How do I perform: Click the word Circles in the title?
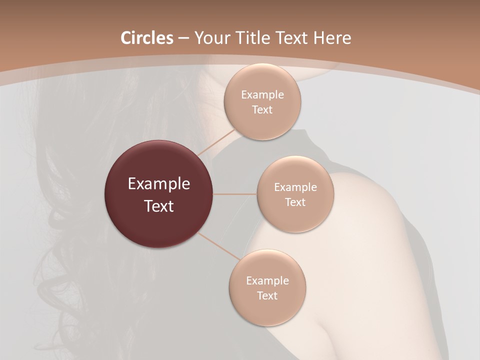tap(147, 38)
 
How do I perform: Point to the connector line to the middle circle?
tap(234, 194)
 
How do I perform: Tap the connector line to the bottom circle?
tap(218, 246)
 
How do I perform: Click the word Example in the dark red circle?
tap(158, 184)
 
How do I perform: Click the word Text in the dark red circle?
tap(158, 206)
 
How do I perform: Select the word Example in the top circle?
tap(262, 95)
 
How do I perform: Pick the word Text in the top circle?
tap(262, 109)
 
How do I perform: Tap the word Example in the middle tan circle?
tap(295, 187)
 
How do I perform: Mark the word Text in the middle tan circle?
tap(295, 202)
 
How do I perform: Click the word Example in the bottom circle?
tap(267, 281)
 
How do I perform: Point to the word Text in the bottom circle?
tap(267, 295)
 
